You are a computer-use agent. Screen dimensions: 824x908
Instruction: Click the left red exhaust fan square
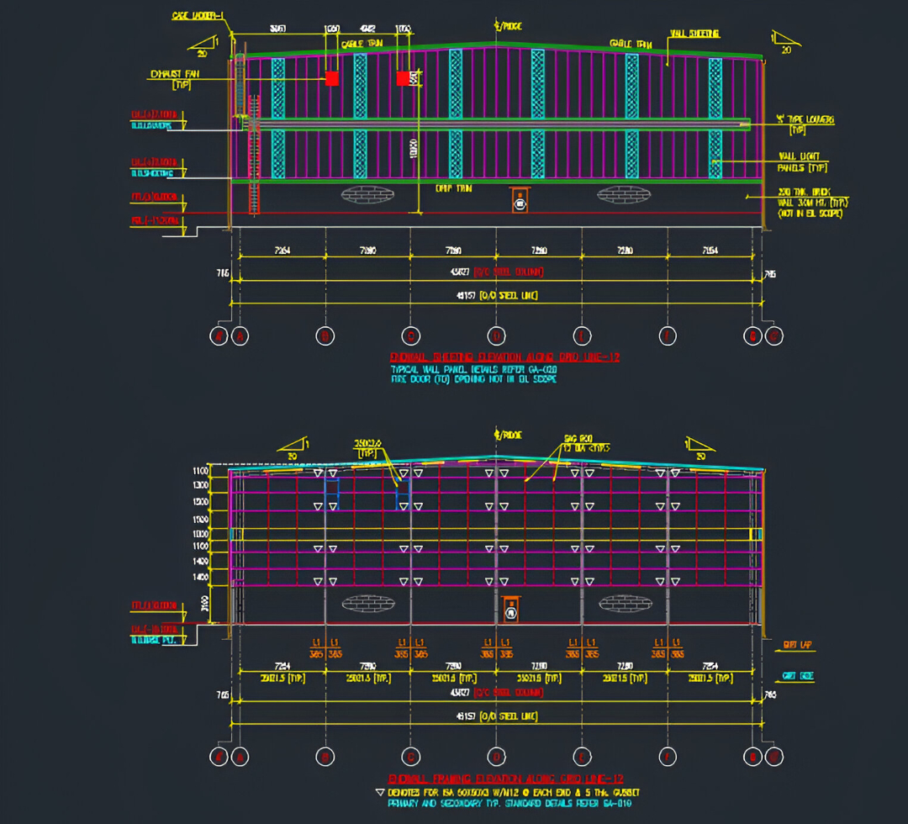tap(332, 78)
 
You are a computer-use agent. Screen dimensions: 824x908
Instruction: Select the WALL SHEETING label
tap(694, 34)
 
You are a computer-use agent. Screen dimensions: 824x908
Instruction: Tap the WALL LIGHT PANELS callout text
tap(798, 161)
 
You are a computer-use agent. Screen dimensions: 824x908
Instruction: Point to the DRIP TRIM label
tap(453, 189)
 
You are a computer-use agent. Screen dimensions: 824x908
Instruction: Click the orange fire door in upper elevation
tap(520, 201)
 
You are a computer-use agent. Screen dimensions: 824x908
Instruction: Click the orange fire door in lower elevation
tap(509, 610)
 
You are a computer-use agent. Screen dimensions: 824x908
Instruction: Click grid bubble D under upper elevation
tap(496, 335)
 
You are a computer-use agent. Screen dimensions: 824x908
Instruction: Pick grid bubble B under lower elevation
tap(325, 755)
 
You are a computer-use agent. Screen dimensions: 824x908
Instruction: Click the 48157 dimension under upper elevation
tap(496, 295)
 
